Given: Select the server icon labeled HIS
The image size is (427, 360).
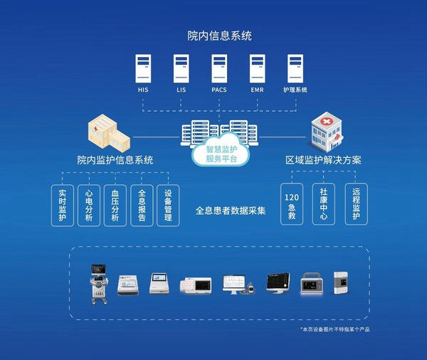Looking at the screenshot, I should coord(143,68).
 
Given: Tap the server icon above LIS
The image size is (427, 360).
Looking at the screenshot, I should coord(181,68).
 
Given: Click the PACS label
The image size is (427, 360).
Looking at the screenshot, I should coord(219,90).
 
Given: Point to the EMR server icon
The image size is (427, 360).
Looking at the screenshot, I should coord(257,68).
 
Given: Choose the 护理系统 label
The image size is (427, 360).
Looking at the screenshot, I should coord(295,90).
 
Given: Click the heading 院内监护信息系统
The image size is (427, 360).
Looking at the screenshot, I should coord(115,160).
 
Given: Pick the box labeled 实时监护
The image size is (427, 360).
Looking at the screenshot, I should coord(63,206).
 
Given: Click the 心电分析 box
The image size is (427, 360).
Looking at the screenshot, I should coord(88,206).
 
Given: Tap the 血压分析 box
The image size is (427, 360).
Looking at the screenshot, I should coord(115,206).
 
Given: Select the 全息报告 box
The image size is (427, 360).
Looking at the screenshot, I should coord(142,206).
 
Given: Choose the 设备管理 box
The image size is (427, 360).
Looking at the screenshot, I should coord(168,206).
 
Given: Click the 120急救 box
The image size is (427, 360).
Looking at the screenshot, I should coord(290,206).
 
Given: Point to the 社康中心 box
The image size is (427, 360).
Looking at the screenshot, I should coord(323,206).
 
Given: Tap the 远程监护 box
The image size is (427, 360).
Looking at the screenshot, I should coord(356,206).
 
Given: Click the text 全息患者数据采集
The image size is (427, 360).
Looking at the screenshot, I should coord(231,211).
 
